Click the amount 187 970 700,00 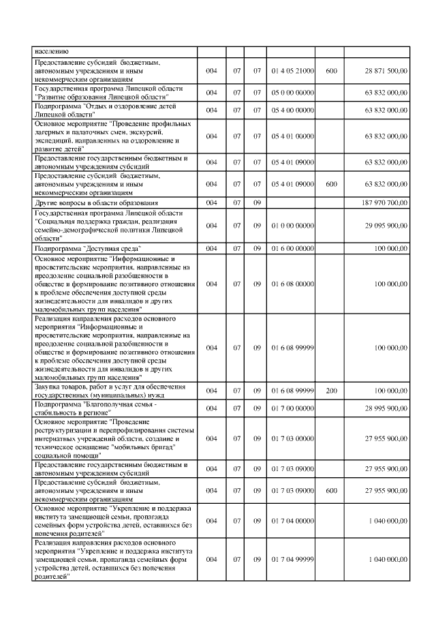[x=386, y=202]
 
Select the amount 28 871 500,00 [x=386, y=72]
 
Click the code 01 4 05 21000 [x=292, y=72]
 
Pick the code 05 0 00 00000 [x=292, y=93]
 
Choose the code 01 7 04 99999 [x=292, y=559]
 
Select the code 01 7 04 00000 [x=292, y=520]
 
